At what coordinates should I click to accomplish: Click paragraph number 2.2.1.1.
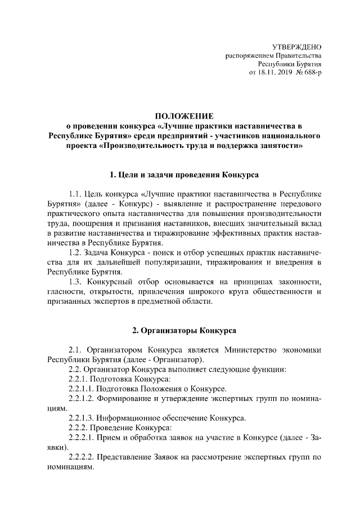(81, 388)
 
